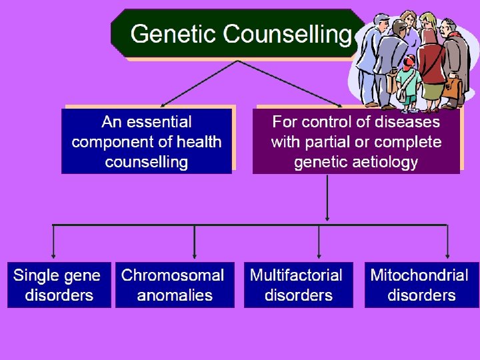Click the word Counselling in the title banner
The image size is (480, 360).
287,34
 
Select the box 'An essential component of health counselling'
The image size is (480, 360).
147,141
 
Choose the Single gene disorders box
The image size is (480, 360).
59,285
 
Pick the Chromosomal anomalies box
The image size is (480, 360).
175,285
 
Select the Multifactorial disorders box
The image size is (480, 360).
298,285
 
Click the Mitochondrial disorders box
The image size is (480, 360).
421,285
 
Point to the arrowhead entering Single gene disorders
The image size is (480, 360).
53,255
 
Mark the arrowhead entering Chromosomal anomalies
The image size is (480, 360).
194,255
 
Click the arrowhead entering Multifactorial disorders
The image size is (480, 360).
319,255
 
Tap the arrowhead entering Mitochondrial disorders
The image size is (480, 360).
447,255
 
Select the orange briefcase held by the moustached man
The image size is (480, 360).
454,87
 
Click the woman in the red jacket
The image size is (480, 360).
431,63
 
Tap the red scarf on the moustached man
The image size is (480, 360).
453,34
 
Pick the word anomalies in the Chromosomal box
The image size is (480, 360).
175,295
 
